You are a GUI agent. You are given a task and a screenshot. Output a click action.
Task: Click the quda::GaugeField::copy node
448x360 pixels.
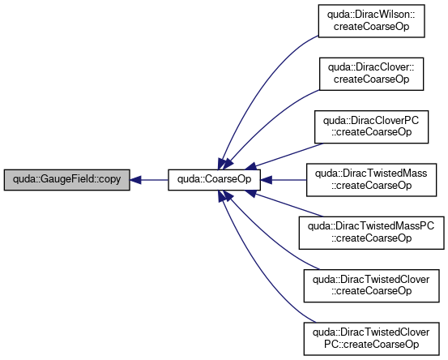[67, 180]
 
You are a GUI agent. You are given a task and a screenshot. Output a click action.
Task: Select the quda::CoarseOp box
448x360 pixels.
[215, 180]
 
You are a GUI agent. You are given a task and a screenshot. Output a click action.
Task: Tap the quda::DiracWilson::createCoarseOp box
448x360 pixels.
[371, 21]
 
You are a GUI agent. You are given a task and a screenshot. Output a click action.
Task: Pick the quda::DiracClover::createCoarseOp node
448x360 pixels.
[371, 74]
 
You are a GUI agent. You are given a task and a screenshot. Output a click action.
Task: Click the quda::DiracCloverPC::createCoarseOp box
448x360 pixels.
[371, 127]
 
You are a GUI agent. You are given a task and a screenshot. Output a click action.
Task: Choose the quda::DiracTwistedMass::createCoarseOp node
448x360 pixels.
[371, 180]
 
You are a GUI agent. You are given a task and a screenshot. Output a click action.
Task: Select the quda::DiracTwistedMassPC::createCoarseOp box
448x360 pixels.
[371, 233]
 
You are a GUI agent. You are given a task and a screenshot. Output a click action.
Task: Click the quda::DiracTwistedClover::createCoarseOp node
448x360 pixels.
[371, 285]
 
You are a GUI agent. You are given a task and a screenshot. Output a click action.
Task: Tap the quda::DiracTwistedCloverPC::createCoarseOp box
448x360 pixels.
[371, 339]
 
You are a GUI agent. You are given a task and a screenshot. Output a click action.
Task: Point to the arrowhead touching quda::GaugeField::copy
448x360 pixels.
[135, 180]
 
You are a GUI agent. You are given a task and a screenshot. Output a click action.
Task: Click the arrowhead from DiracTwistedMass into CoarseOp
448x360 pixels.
[266, 180]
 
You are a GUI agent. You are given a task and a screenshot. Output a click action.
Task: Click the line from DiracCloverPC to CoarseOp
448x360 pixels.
[288, 155]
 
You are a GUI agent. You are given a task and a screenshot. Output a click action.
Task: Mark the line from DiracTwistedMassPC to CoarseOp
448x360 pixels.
[288, 205]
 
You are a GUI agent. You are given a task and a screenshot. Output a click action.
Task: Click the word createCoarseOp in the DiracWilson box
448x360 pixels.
[371, 26]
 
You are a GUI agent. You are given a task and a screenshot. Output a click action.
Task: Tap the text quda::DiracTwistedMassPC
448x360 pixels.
[371, 226]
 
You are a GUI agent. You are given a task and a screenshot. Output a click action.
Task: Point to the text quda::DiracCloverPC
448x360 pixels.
[371, 120]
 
